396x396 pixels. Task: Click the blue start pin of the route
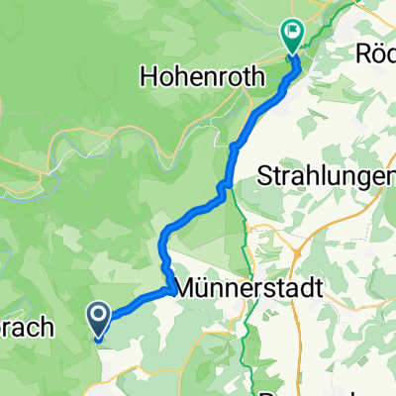click(x=101, y=319)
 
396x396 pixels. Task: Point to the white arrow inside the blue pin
click(x=101, y=316)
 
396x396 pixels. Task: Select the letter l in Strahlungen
click(x=318, y=177)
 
